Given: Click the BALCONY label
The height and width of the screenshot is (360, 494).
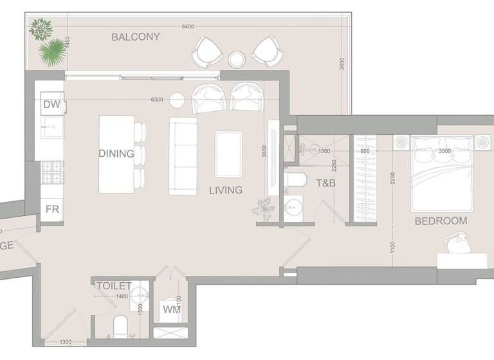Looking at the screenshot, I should (136, 37).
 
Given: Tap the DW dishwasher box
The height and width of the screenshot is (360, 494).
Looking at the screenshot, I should (51, 104).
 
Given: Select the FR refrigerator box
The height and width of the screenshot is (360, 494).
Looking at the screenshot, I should (51, 209).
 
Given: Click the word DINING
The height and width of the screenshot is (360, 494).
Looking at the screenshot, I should (116, 154).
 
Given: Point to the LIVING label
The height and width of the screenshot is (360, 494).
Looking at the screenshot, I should (225, 190).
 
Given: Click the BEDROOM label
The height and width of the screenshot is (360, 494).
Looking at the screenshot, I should (441, 221).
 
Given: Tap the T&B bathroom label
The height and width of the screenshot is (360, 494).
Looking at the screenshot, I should (327, 183).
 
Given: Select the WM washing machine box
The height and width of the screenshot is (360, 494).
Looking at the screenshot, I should (172, 310).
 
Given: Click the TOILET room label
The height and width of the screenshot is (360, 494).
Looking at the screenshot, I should (114, 285).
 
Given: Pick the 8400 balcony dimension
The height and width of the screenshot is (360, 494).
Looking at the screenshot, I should (188, 26).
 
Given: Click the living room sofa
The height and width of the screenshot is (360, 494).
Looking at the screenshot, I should (183, 156).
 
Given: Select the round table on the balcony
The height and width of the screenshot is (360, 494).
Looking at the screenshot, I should (237, 59).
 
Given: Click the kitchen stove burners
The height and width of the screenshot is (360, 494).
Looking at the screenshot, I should (51, 172).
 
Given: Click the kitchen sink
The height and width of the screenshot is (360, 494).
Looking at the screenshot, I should (51, 128).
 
